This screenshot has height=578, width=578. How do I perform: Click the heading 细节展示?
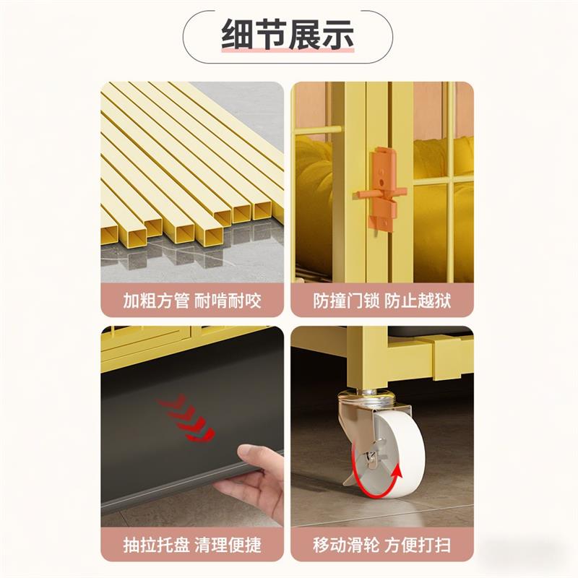(x=288, y=34)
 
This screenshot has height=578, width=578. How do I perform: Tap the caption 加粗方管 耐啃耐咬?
(x=192, y=301)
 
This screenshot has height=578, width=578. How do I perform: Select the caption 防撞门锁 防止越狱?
(x=382, y=301)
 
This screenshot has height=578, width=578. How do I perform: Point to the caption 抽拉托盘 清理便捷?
(x=192, y=545)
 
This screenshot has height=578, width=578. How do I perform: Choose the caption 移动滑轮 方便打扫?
(x=382, y=545)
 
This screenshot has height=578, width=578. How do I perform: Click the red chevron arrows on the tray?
(x=186, y=419)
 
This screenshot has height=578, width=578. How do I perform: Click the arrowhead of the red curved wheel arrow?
(x=396, y=472)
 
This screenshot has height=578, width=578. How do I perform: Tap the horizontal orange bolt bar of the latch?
(x=380, y=193)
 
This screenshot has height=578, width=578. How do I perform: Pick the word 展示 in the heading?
(x=322, y=34)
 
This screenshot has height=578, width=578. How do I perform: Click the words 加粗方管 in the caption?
(x=156, y=301)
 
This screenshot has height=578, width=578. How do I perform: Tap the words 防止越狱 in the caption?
(x=418, y=301)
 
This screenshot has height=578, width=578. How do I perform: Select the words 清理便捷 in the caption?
(x=228, y=545)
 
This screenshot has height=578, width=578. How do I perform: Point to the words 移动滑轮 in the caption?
(x=346, y=545)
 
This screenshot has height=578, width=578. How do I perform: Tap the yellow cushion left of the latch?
(x=314, y=199)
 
